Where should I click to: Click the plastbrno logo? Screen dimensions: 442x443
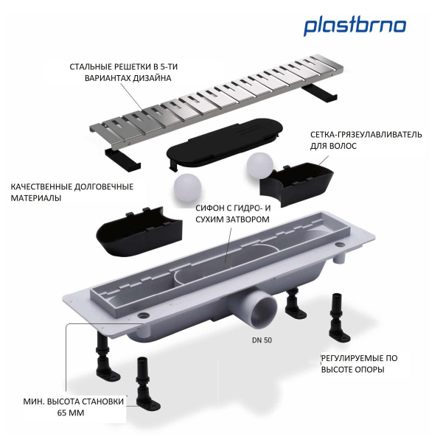point(355,26)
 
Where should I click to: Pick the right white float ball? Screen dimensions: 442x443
point(259,165)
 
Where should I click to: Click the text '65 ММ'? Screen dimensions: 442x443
point(71,414)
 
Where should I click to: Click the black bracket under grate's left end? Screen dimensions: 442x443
point(119,157)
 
